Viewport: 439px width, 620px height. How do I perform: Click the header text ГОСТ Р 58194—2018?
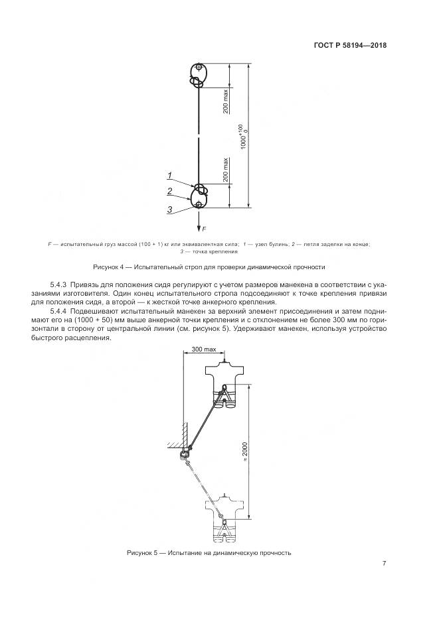350,46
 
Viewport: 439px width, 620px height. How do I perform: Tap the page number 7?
384,564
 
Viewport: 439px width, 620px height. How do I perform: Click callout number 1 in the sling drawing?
170,176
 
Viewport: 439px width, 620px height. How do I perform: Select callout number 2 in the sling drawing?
170,191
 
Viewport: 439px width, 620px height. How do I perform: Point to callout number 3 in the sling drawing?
170,209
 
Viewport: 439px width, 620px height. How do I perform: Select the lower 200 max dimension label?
226,170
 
